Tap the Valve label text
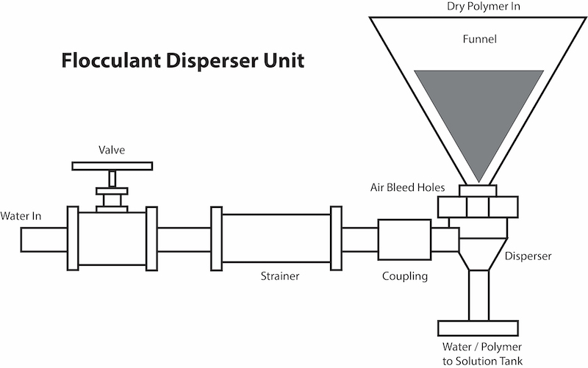coord(112,150)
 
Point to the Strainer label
coord(282,277)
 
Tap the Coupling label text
coord(404,277)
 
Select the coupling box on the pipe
coord(404,239)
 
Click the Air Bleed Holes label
coord(408,187)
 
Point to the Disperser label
coord(528,256)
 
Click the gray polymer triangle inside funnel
coord(478,110)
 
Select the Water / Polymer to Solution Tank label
coord(482,351)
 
